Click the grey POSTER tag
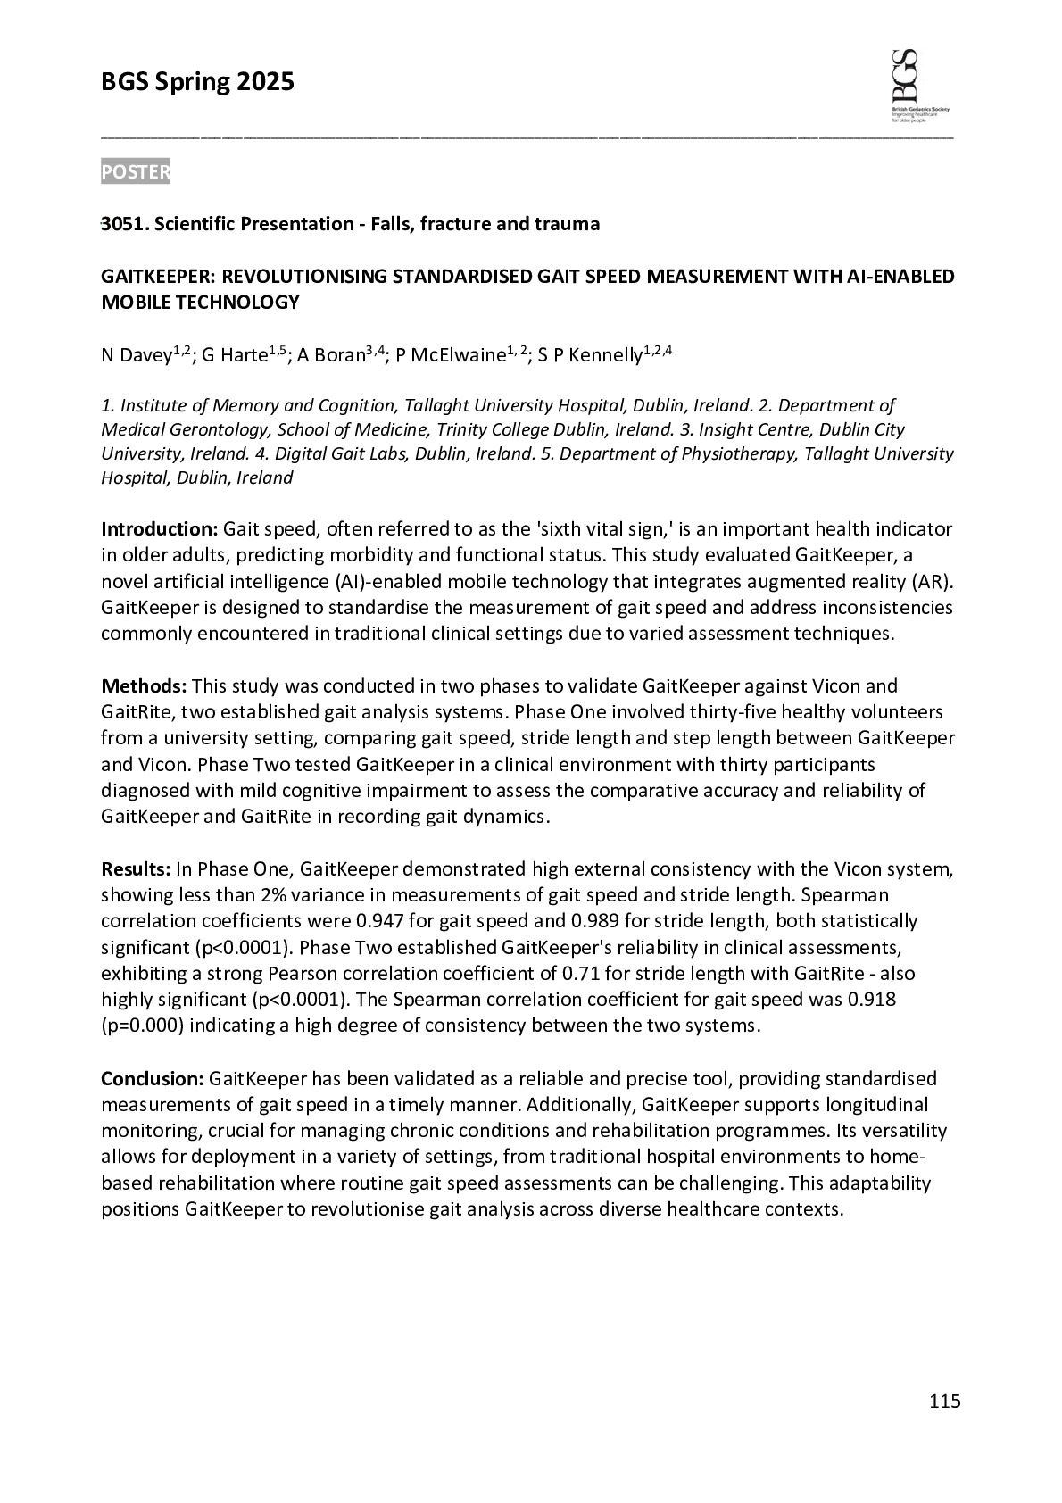tap(135, 171)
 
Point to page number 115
tap(944, 1400)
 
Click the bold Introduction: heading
tap(159, 529)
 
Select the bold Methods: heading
tap(143, 686)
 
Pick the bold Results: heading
tap(136, 869)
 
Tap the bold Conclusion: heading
tap(153, 1079)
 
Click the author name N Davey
tap(136, 356)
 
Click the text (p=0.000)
tap(142, 1026)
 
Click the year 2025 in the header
tap(265, 83)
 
